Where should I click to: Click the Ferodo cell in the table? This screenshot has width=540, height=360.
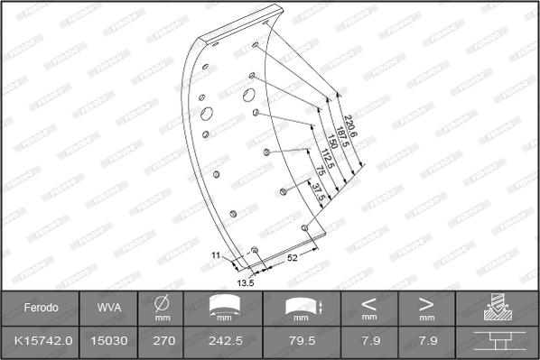click(x=42, y=308)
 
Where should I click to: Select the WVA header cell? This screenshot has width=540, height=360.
click(x=107, y=308)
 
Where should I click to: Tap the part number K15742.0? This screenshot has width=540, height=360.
click(x=42, y=340)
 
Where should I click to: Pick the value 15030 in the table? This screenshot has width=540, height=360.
click(x=107, y=340)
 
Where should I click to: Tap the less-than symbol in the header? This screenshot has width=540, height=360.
click(x=369, y=303)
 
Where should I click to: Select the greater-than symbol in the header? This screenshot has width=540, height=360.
click(x=426, y=303)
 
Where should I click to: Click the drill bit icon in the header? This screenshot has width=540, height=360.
click(x=498, y=308)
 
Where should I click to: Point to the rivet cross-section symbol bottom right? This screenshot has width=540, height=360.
click(x=498, y=340)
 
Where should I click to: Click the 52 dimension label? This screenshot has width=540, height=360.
click(x=293, y=259)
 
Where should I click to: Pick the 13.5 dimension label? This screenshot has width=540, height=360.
click(x=246, y=282)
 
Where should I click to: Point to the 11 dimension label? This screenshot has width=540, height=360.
click(x=216, y=256)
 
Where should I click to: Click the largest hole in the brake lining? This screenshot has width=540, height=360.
click(x=207, y=114)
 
